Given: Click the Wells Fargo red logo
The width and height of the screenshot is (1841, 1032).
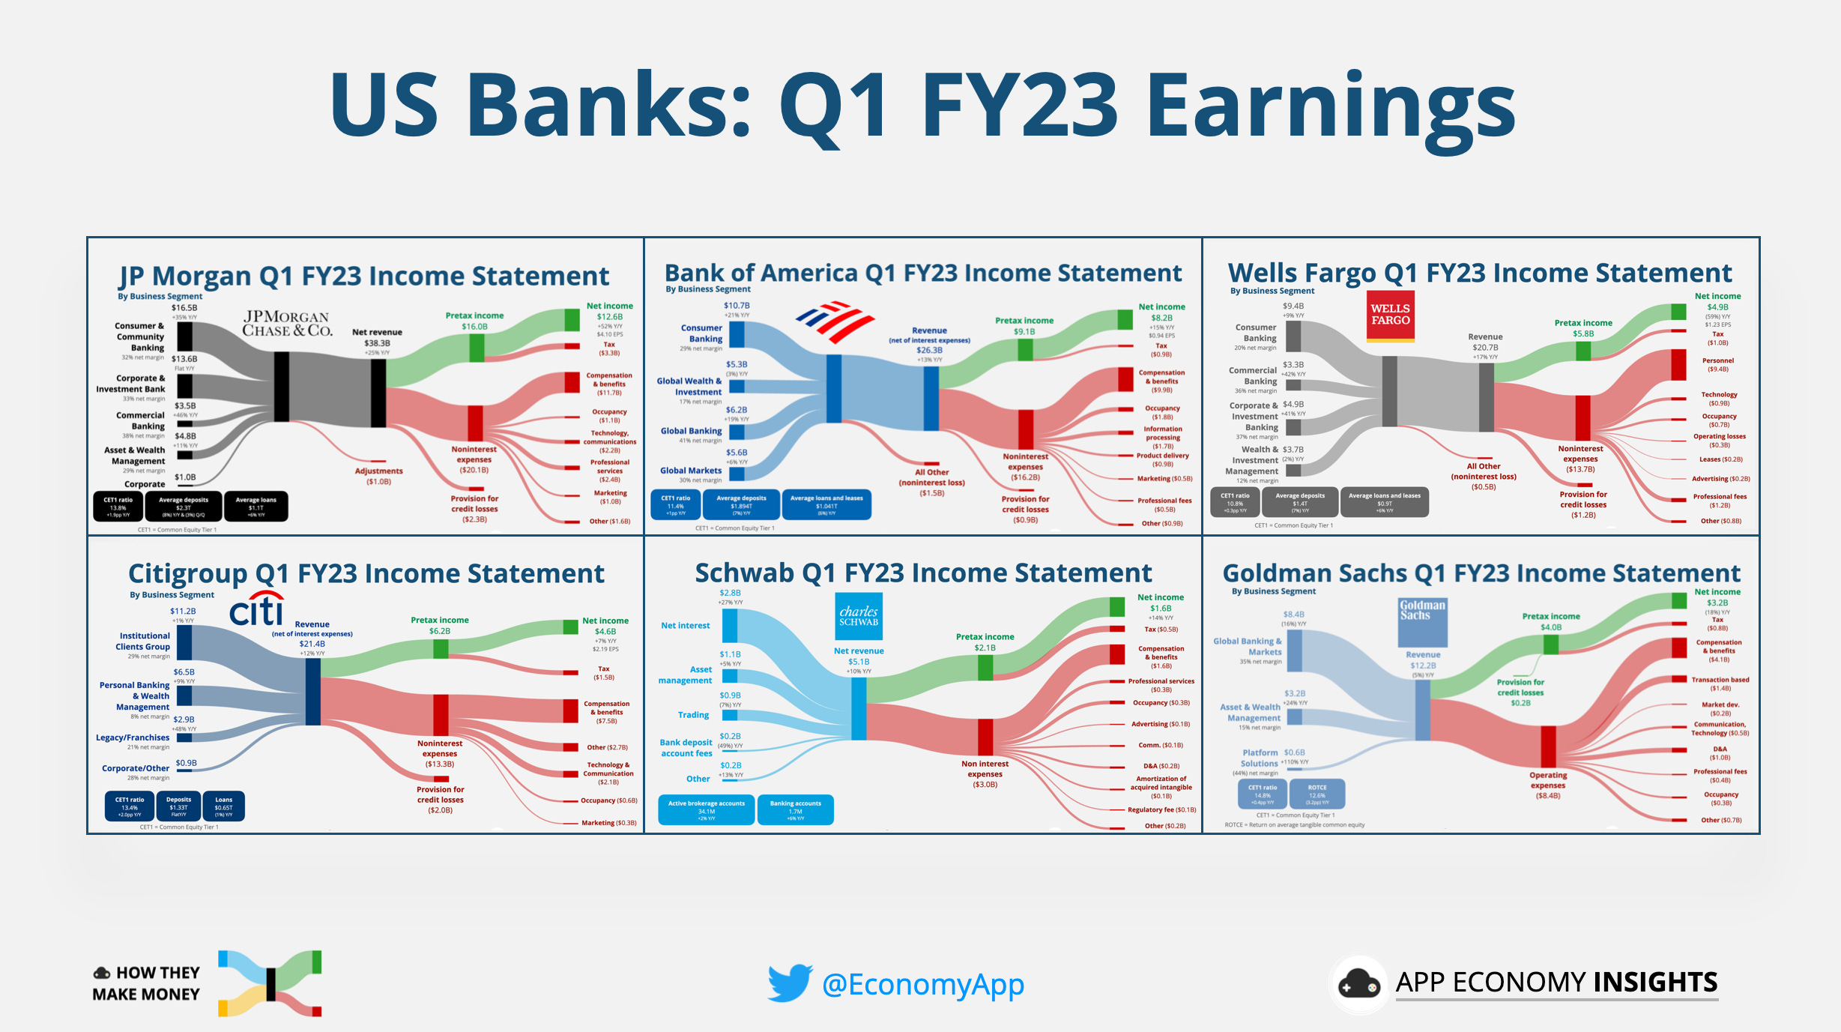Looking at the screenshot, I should [x=1390, y=316].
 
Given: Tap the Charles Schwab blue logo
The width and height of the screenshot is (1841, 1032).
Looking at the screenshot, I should [x=858, y=617].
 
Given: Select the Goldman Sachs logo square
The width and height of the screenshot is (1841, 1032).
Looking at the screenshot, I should [x=1422, y=622].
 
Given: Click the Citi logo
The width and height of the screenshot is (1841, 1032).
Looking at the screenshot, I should [x=257, y=610].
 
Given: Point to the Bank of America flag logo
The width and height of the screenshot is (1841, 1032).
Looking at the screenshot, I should [x=834, y=322].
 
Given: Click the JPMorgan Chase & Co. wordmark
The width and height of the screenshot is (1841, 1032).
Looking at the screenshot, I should [x=287, y=324].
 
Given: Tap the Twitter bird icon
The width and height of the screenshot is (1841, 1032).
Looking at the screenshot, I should [x=790, y=983].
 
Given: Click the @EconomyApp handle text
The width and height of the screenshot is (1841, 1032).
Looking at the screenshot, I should [x=922, y=984].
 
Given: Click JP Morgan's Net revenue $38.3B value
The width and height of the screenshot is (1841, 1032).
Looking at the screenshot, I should [x=377, y=343].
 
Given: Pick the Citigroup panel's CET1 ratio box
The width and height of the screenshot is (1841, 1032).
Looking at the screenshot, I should [x=130, y=806].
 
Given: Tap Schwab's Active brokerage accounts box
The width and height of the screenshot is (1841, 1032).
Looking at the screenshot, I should [x=706, y=809].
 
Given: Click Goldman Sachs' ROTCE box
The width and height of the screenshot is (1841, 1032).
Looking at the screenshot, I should [x=1316, y=793].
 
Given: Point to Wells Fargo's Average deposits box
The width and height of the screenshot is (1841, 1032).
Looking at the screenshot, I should [x=1299, y=501].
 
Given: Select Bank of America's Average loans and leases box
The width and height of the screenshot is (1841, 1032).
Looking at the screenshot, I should [x=826, y=504].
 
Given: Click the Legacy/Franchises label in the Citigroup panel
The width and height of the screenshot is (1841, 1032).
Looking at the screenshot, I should [x=133, y=737].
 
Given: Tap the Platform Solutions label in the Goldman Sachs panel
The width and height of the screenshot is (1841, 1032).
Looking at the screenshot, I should [x=1260, y=758].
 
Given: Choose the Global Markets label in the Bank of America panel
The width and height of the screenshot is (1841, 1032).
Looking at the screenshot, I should [x=690, y=471].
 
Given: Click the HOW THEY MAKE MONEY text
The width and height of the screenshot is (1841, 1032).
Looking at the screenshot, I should [x=147, y=983].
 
